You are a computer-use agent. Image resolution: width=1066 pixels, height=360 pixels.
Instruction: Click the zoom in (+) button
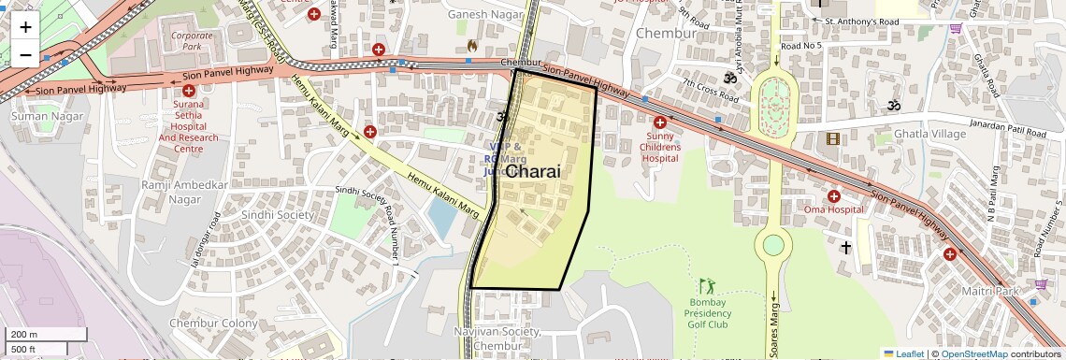25,26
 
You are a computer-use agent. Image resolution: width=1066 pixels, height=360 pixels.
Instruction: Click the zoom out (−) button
25,54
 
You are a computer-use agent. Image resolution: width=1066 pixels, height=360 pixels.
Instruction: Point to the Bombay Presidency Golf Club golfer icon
706,285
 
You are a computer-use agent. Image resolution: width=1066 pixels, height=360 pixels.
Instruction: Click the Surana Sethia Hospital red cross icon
189,91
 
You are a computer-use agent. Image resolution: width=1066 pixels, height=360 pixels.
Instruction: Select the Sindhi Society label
278,214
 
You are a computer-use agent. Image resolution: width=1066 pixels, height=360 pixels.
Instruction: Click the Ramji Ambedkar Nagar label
184,192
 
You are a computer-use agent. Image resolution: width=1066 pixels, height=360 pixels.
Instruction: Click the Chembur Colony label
213,323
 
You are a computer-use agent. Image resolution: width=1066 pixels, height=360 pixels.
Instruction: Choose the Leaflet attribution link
902,353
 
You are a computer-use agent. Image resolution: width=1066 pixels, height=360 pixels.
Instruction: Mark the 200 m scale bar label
24,335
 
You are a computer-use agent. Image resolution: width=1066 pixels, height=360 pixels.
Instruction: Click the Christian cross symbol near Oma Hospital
846,248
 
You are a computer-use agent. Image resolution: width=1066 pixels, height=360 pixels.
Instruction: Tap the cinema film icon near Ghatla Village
832,139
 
